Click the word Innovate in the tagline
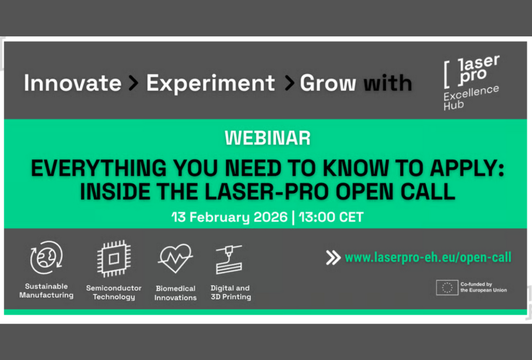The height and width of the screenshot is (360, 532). coord(72,82)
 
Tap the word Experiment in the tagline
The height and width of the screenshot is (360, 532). coord(210,84)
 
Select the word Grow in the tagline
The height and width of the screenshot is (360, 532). coord(328,82)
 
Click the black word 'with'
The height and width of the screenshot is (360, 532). coord(388,82)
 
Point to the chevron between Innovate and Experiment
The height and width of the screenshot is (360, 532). coord(134,83)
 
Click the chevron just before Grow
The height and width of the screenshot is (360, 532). coord(289,83)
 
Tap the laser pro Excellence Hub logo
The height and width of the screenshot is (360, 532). coord(471,82)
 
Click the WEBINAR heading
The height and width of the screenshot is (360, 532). coord(267,138)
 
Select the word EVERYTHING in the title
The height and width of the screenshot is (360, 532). coord(98,168)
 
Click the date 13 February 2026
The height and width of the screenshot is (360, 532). coord(230,217)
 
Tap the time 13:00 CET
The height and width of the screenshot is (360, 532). coord(331,217)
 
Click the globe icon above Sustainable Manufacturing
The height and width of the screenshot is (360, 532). coord(46,257)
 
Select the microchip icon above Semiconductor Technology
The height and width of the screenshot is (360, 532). coord(114,259)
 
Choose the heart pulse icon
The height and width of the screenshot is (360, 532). coord(175,258)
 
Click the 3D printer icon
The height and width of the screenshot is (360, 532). coord(229,260)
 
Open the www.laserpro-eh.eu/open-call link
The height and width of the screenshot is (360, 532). coord(428,257)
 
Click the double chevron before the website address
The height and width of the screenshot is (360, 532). coord(333,258)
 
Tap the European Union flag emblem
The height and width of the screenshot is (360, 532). coord(447,288)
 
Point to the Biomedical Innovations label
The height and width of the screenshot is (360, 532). coord(176,293)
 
